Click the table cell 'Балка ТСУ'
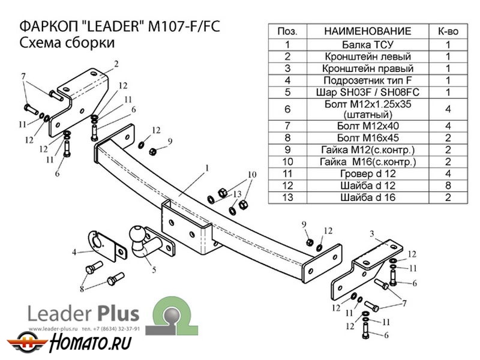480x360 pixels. [x=367, y=44]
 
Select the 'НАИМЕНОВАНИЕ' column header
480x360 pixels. [x=367, y=31]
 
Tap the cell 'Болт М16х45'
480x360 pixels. [x=367, y=137]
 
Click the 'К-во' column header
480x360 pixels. [x=446, y=31]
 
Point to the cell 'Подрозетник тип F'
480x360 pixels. [x=367, y=80]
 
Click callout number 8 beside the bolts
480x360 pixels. [x=82, y=289]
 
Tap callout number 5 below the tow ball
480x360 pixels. [x=154, y=271]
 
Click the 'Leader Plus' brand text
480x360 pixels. [x=83, y=314]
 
